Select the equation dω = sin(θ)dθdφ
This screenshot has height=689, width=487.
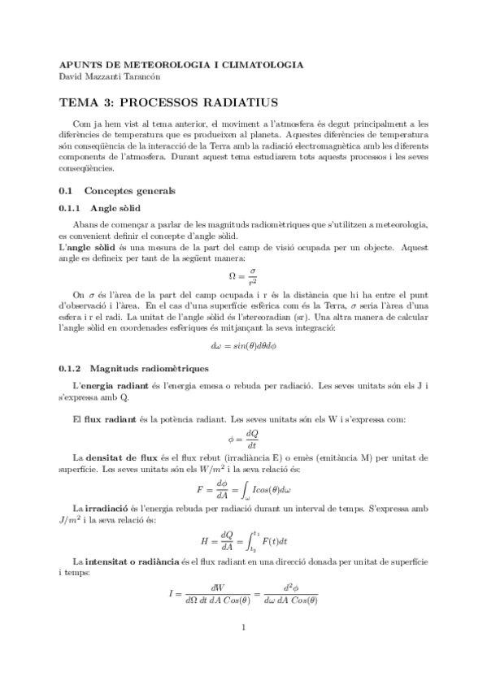point(243,347)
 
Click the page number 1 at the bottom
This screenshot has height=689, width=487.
point(243,650)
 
